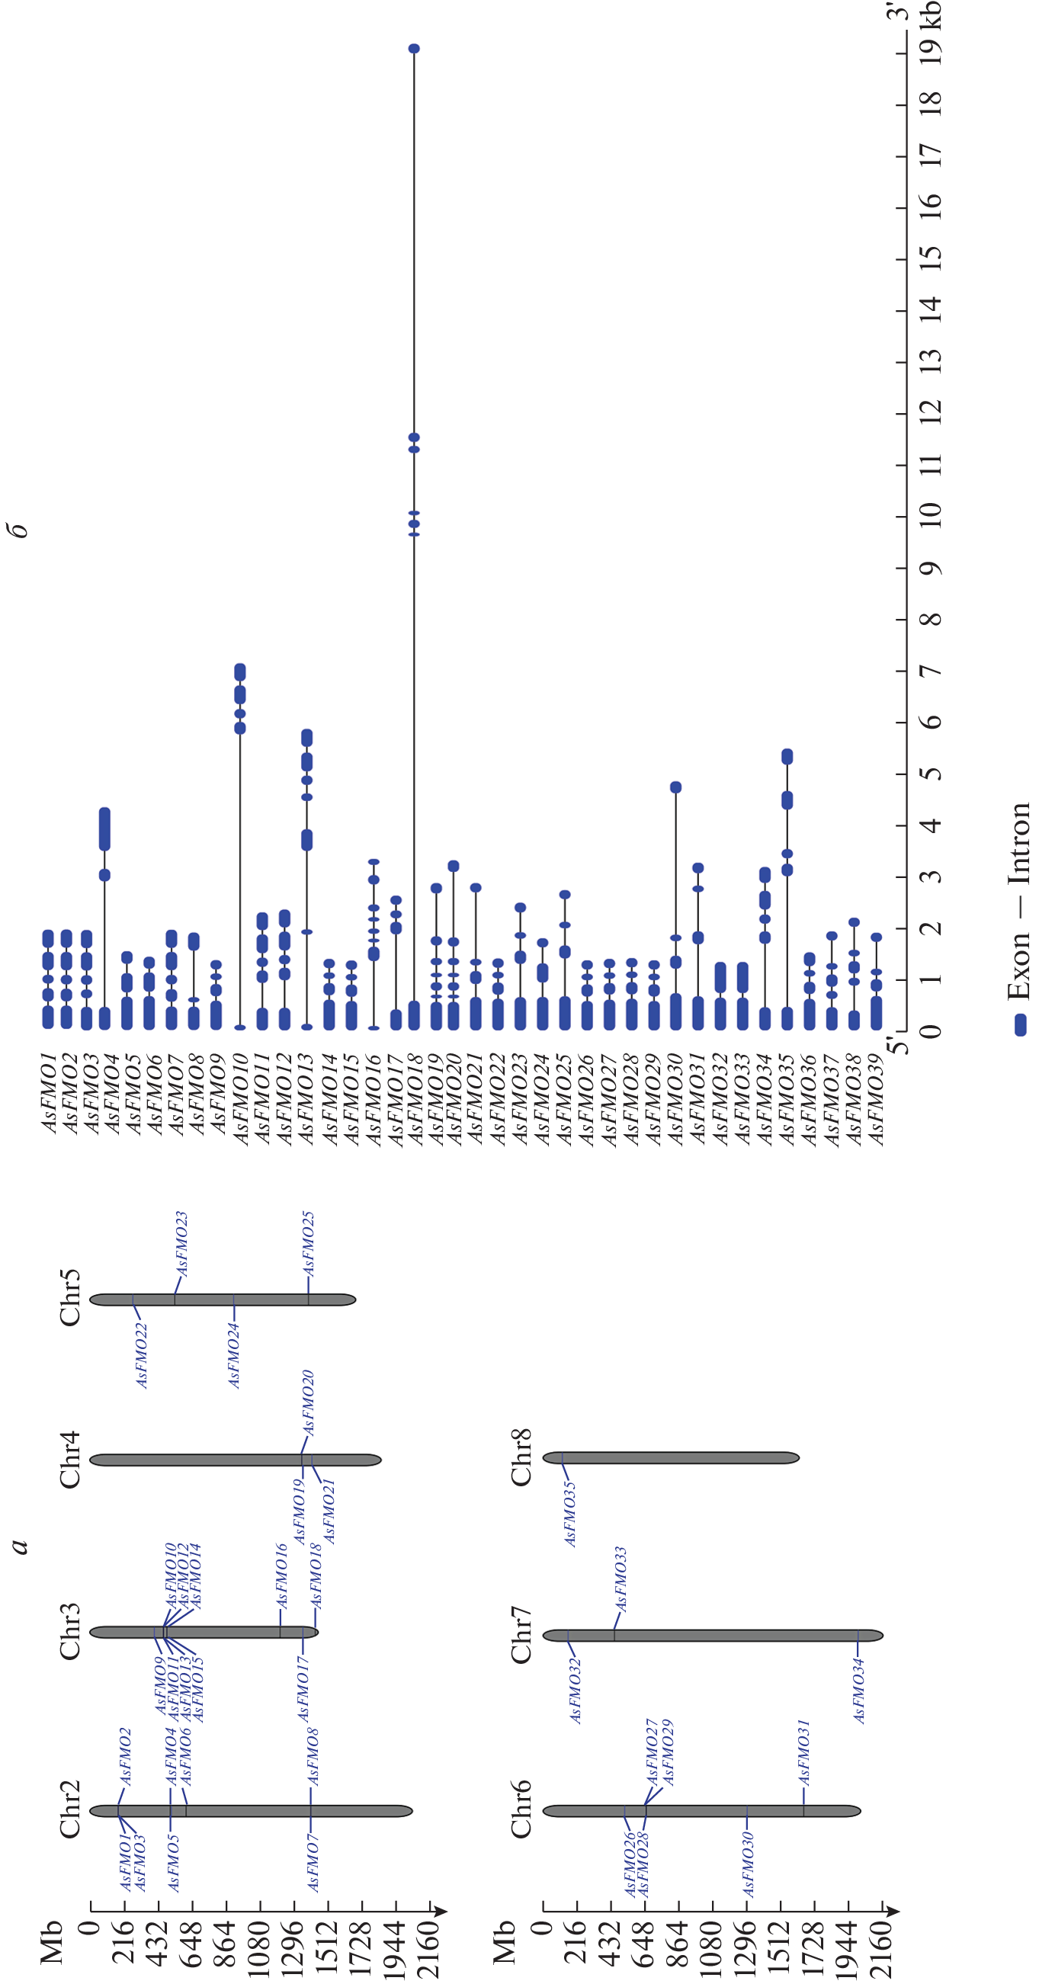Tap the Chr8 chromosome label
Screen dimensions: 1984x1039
click(521, 1457)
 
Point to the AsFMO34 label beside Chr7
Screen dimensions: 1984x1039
click(859, 1691)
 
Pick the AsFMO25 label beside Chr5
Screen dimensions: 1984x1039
click(308, 1243)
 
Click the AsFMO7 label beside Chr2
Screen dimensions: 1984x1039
click(313, 1862)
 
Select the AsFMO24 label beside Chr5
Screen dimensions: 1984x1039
click(234, 1355)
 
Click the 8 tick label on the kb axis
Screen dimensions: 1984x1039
click(931, 619)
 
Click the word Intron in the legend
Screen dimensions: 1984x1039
click(1018, 843)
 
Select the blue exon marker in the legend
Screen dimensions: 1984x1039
click(1020, 1024)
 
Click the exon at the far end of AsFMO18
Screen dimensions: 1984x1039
click(414, 49)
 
